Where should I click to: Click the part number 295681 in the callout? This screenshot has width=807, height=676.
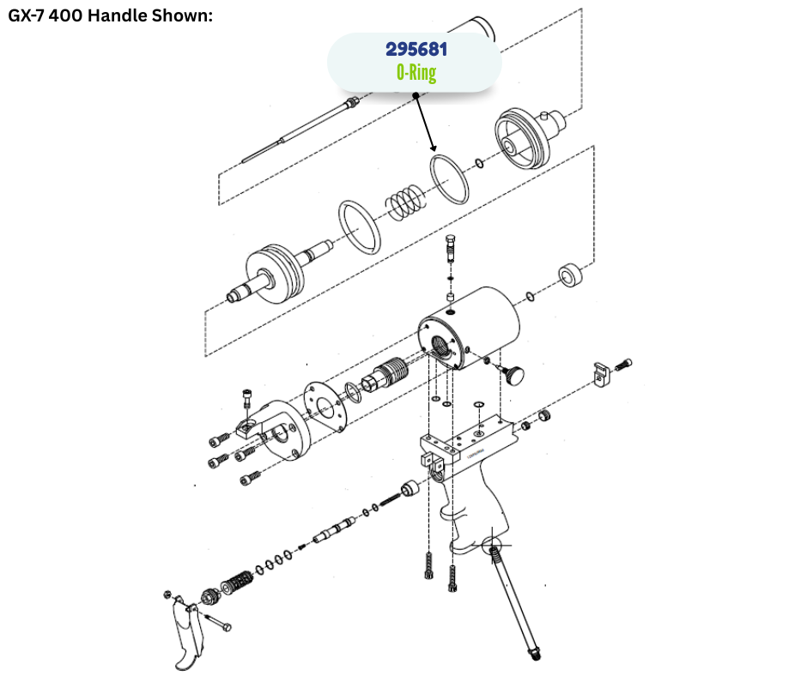pos(416,50)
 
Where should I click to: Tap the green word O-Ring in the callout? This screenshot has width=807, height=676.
pos(416,73)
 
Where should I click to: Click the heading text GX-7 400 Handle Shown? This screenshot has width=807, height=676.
pos(110,15)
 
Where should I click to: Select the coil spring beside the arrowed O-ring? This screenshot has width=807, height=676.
pos(406,202)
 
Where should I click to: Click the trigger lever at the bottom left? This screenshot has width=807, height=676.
pos(185,633)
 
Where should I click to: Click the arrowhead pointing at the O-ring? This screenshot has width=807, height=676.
pos(433,147)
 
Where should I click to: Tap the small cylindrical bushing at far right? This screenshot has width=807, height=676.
pos(570,275)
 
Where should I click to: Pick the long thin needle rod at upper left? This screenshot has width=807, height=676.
pos(300,130)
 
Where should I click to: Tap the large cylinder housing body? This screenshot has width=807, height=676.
pos(470,329)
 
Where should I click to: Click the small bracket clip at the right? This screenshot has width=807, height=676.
pos(601,374)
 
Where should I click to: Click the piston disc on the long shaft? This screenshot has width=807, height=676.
pos(275,276)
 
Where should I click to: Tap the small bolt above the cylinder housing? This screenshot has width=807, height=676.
pos(451,249)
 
